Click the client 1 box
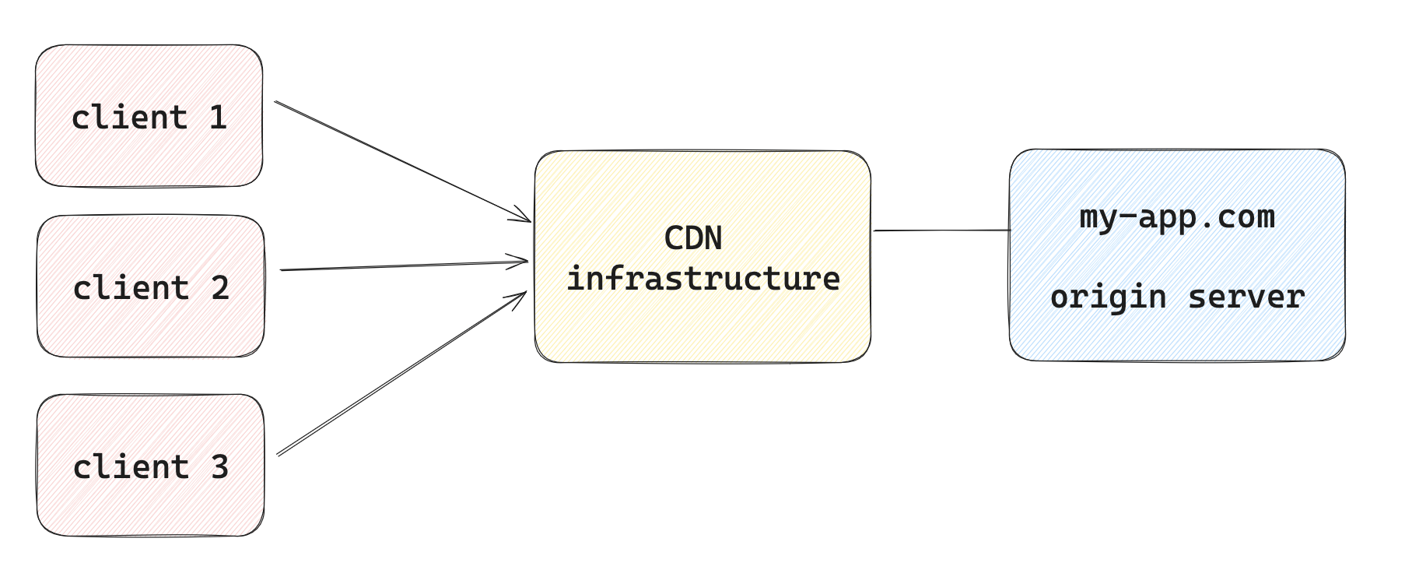tap(149, 115)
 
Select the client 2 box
tap(150, 286)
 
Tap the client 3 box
tap(150, 465)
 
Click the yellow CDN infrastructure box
tap(702, 256)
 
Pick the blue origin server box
tap(1177, 255)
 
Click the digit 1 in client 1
tap(218, 118)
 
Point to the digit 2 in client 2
tap(220, 288)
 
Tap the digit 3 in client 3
tap(220, 466)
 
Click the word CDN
tap(693, 238)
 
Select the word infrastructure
tap(703, 278)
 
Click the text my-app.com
tap(1177, 217)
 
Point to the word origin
tap(1109, 297)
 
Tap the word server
tap(1246, 297)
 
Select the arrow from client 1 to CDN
tap(403, 161)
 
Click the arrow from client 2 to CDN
tap(405, 266)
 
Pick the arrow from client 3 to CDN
tap(402, 373)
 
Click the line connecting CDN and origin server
tap(941, 230)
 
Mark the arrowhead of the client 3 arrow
tap(520, 299)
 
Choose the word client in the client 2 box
tap(131, 288)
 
